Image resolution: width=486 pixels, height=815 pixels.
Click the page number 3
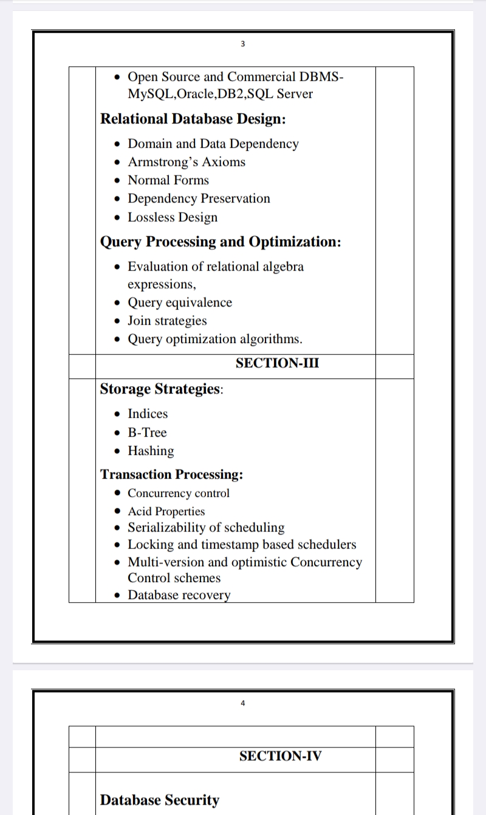(x=243, y=44)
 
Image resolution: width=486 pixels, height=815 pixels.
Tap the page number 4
(x=243, y=703)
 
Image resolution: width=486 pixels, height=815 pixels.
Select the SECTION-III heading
(x=277, y=363)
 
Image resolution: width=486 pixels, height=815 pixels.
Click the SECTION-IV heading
(x=280, y=756)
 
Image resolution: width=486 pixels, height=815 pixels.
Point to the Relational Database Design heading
(x=193, y=119)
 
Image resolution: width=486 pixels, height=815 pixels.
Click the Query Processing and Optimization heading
(x=220, y=242)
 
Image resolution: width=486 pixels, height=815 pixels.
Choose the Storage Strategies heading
(x=161, y=389)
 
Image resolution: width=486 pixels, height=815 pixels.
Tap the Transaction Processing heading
(x=171, y=474)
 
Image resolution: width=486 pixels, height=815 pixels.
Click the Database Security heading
(x=159, y=800)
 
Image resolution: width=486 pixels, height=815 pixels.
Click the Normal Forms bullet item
(x=168, y=180)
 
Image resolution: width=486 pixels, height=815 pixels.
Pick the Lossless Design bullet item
(x=172, y=217)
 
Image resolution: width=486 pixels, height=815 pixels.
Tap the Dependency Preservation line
(x=199, y=198)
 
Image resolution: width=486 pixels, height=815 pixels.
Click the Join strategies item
(x=167, y=321)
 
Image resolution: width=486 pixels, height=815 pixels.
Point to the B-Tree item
(x=147, y=432)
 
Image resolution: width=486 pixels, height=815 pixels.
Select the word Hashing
(x=151, y=451)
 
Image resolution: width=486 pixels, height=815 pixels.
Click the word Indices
(x=148, y=414)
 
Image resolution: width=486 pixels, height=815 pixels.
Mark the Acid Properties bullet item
(x=166, y=512)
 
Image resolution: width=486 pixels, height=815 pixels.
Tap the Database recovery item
(x=179, y=595)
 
